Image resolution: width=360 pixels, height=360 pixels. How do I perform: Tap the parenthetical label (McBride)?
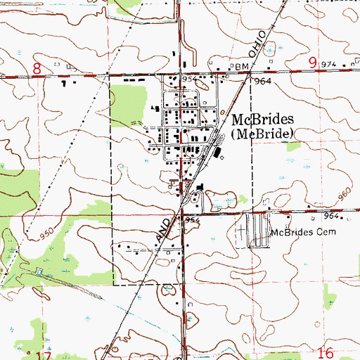click(x=263, y=134)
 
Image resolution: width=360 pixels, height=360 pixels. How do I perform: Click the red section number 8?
click(x=37, y=67)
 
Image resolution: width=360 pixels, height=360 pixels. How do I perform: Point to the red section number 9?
click(x=311, y=63)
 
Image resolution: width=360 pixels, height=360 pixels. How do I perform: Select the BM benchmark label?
click(x=243, y=66)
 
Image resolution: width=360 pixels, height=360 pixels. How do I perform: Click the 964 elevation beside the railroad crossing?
click(x=264, y=81)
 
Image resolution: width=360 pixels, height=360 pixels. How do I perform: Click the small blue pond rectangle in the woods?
click(x=39, y=272)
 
